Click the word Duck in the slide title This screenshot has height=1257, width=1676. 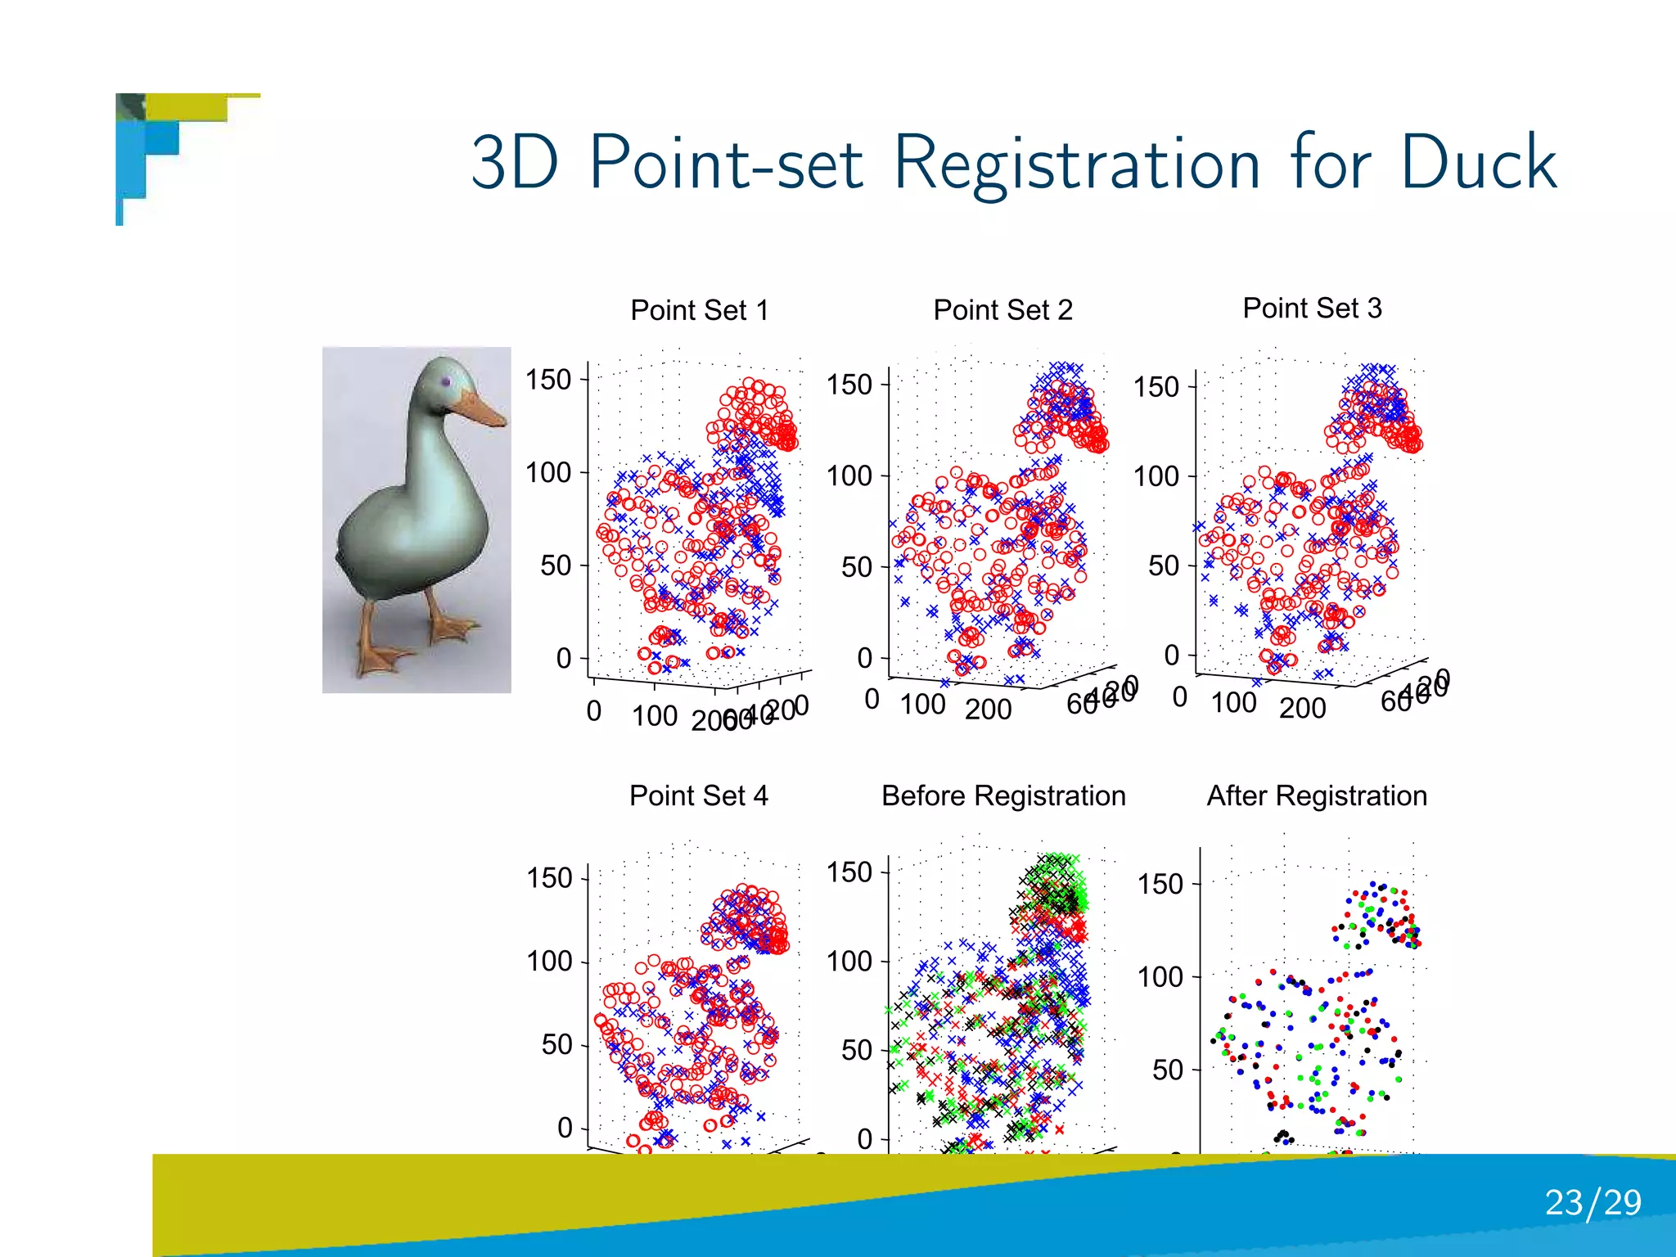1478,162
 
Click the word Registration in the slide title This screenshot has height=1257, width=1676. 1077,164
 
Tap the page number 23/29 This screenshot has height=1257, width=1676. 1593,1202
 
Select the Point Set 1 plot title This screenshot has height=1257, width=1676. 700,310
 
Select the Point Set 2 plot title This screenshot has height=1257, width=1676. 1002,310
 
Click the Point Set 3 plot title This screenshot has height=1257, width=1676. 1312,308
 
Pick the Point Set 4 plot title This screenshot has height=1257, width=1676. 698,795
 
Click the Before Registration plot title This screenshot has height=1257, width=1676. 1003,795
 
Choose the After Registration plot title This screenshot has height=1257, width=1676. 1317,795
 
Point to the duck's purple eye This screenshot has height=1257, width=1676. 446,381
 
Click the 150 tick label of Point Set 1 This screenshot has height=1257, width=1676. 548,380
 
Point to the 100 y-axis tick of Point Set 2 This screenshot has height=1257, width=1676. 849,475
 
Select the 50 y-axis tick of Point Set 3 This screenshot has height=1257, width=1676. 1163,565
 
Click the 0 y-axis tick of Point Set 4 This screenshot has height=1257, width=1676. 565,1128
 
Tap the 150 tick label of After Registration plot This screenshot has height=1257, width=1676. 1160,884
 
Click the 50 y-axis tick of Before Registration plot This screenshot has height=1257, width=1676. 856,1050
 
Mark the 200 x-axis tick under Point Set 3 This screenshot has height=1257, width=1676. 1302,708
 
